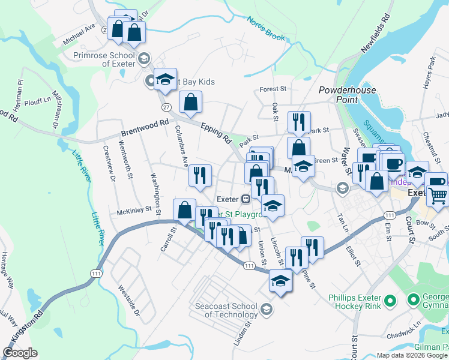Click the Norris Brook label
pyautogui.click(x=266, y=28)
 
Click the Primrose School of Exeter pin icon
pyautogui.click(x=143, y=58)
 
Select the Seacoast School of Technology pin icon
pyautogui.click(x=267, y=310)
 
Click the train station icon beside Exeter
pyautogui.click(x=246, y=199)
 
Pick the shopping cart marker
pyautogui.click(x=439, y=195)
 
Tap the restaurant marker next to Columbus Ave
pyautogui.click(x=200, y=175)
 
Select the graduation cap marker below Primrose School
pyautogui.click(x=165, y=79)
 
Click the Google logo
pyautogui.click(x=20, y=353)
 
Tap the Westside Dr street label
pyautogui.click(x=128, y=300)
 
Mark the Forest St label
pyautogui.click(x=273, y=89)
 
